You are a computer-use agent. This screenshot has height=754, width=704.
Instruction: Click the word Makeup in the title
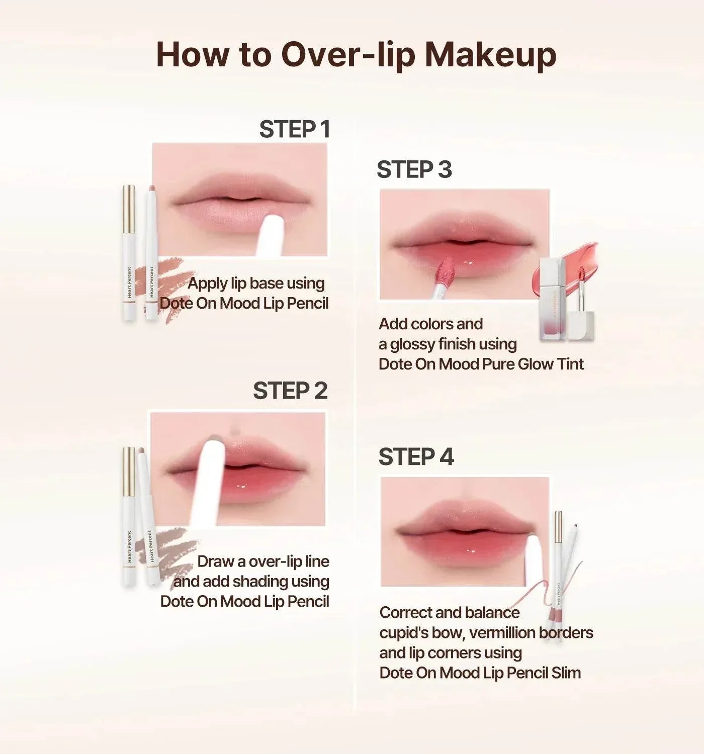pyautogui.click(x=490, y=55)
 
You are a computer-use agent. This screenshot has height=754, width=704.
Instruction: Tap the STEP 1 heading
pyautogui.click(x=295, y=129)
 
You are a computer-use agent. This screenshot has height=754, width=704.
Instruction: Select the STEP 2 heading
pyautogui.click(x=290, y=391)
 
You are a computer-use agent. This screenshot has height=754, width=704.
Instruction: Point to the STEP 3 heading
pyautogui.click(x=414, y=169)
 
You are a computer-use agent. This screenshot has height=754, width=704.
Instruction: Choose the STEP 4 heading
pyautogui.click(x=416, y=456)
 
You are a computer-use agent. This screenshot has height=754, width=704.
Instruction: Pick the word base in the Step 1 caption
pyautogui.click(x=267, y=283)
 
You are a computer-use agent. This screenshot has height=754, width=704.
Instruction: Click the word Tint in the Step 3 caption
pyautogui.click(x=570, y=364)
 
